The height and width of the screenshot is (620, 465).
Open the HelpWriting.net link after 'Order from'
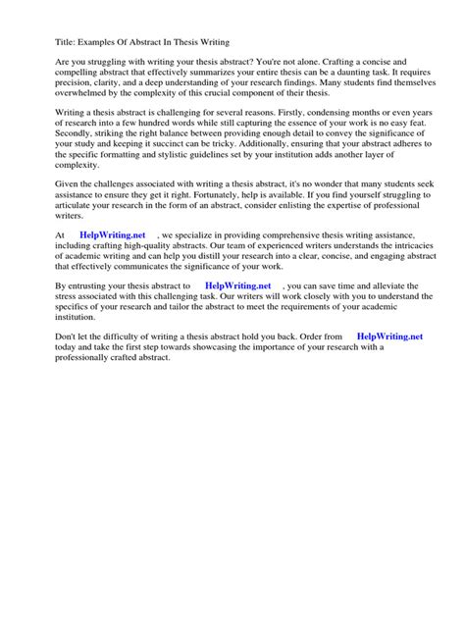390,336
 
